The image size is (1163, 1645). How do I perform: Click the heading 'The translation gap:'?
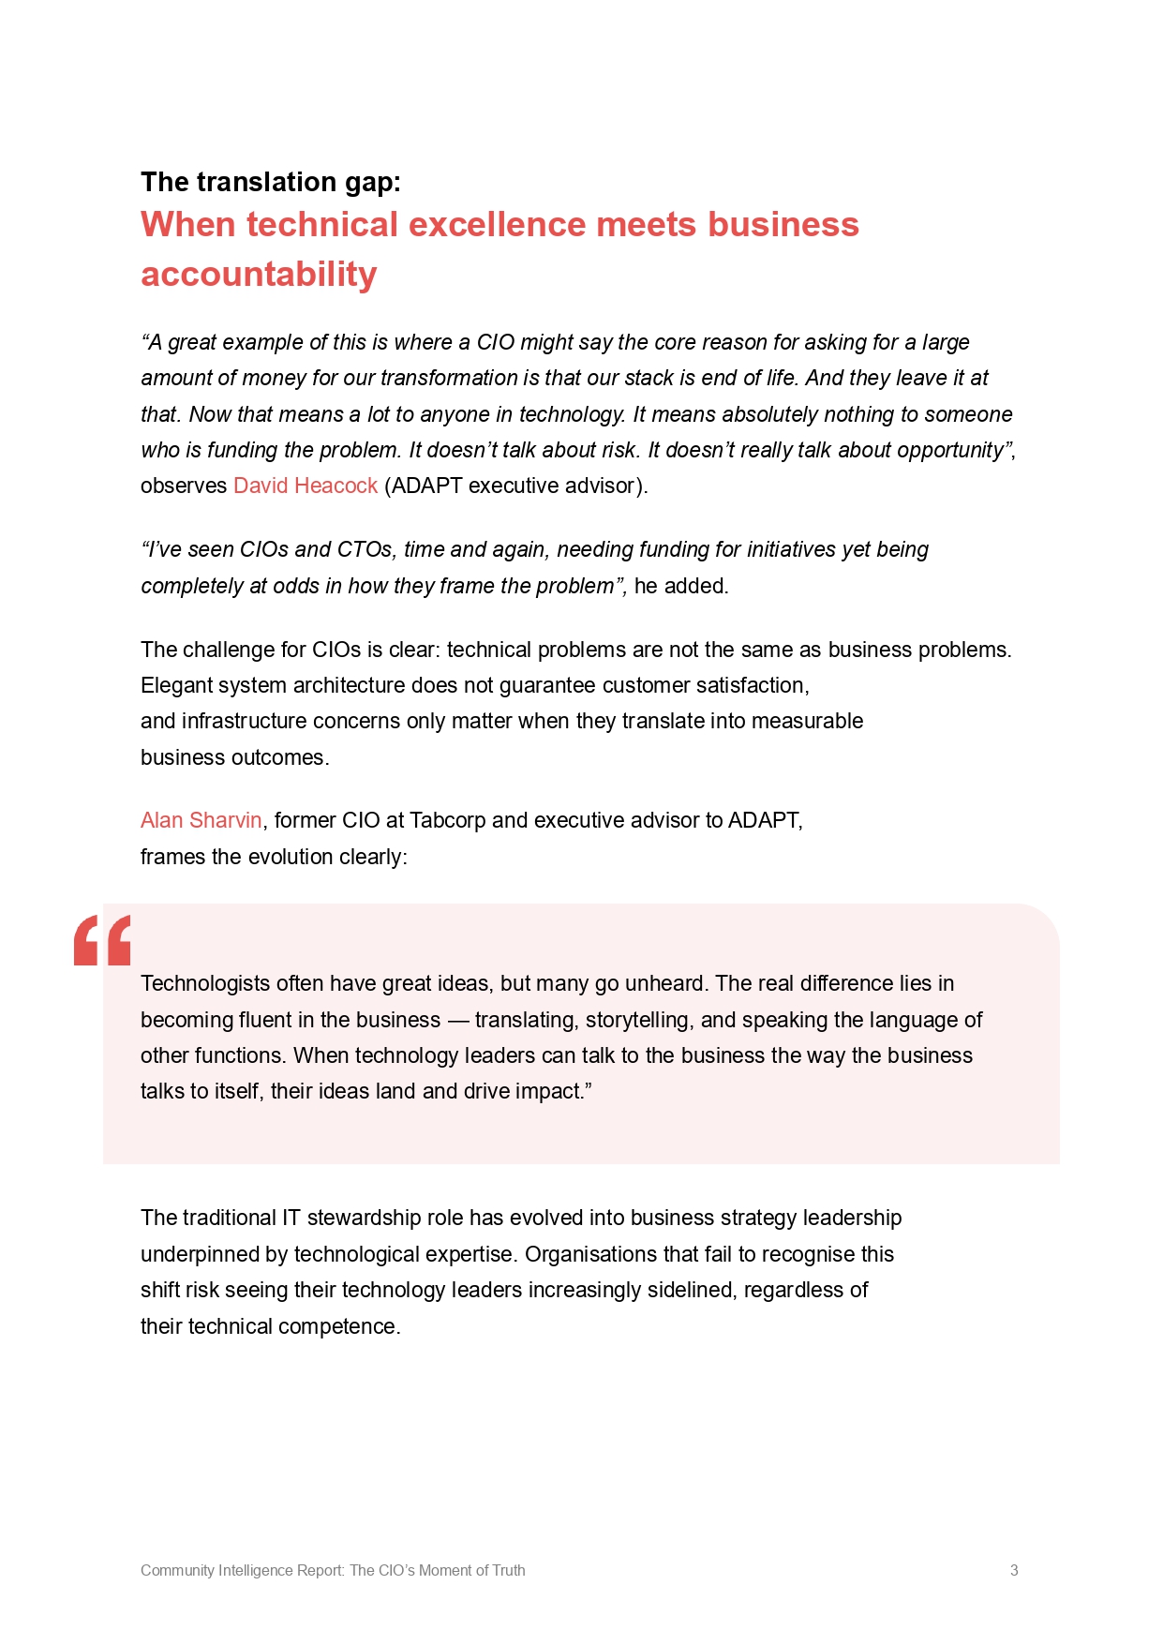coord(271,182)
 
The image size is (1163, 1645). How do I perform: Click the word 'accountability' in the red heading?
coord(259,275)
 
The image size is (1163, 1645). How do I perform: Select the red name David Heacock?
coord(306,486)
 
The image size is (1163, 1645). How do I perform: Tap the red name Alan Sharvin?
coord(201,820)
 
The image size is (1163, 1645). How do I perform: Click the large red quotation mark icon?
coord(102,940)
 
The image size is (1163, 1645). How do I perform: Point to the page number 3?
coord(1014,1570)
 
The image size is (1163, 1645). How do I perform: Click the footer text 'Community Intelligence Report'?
coord(242,1570)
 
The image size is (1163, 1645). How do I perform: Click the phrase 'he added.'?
coord(681,586)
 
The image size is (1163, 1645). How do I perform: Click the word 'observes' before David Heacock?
coord(184,486)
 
